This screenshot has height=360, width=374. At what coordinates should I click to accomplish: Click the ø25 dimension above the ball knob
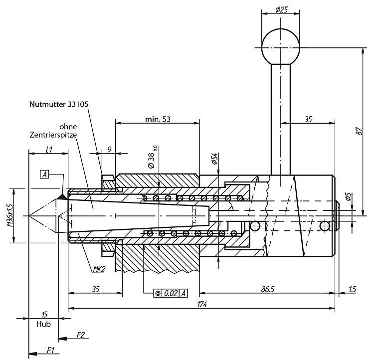(281, 10)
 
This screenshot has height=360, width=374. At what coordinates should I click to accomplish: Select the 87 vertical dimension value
(359, 131)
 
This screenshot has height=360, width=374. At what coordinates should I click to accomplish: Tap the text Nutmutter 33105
(59, 104)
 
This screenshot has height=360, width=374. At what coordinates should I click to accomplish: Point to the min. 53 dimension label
(158, 119)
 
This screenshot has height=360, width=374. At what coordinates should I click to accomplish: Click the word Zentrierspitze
(53, 135)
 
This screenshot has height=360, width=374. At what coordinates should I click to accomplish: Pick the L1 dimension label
(49, 150)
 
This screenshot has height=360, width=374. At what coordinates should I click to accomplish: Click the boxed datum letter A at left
(44, 175)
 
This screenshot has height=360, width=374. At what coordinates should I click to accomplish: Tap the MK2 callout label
(99, 269)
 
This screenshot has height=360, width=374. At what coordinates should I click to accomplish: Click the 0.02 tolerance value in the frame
(171, 293)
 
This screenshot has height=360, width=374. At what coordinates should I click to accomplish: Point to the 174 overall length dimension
(202, 305)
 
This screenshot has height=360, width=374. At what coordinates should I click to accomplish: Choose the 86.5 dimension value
(268, 289)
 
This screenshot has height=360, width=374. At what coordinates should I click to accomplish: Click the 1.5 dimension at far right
(352, 289)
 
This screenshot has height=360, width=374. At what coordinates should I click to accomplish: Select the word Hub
(44, 324)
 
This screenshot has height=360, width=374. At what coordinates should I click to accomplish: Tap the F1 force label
(50, 350)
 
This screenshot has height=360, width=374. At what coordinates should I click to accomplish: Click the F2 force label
(81, 335)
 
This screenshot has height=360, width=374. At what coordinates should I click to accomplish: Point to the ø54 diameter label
(214, 159)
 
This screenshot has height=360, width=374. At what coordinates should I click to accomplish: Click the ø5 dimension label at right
(348, 197)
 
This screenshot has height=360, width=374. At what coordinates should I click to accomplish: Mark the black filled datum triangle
(62, 196)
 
